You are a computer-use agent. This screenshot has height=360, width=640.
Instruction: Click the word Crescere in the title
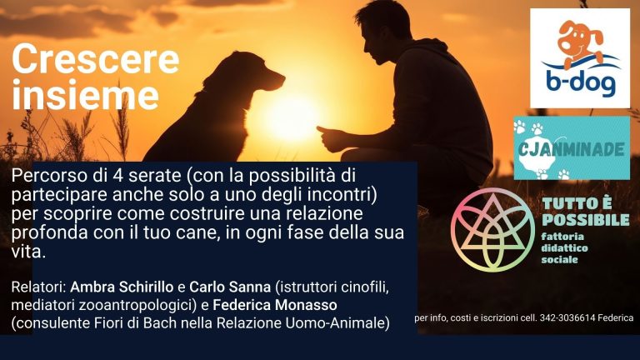[96, 60]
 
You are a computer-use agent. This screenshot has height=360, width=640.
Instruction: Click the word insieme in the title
[85, 95]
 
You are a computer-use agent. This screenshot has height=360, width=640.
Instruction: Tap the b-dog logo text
[580, 83]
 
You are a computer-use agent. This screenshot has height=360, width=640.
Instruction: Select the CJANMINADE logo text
[571, 150]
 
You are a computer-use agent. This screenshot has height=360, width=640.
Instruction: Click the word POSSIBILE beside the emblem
[586, 220]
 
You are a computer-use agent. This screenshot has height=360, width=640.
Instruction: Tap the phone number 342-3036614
[567, 317]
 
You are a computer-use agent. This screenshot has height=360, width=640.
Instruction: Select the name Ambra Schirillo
[122, 287]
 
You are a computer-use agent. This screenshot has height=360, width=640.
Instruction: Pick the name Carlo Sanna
[230, 287]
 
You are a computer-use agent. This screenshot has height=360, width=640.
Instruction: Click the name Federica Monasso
[275, 305]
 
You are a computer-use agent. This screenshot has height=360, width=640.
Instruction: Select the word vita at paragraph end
[26, 252]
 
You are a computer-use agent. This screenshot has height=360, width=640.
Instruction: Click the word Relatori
[38, 287]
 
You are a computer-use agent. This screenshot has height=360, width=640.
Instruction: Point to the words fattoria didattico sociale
[564, 248]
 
